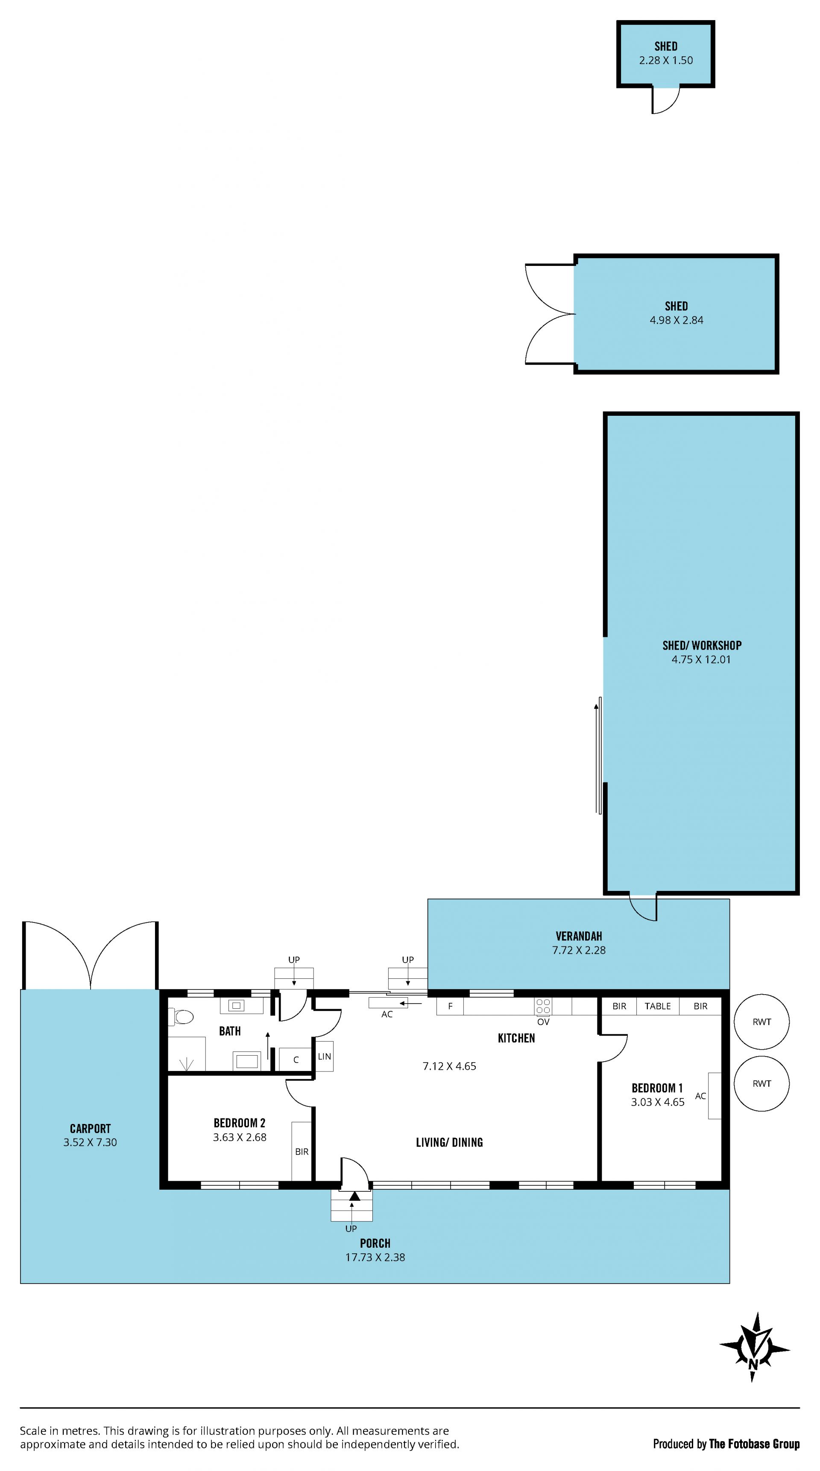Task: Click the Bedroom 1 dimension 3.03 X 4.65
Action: tap(657, 1102)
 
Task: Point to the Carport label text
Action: tap(90, 1128)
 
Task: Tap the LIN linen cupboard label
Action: tap(325, 1057)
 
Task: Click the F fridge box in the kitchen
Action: tap(450, 1006)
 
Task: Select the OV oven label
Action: tap(543, 1022)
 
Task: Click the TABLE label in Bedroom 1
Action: tap(658, 1006)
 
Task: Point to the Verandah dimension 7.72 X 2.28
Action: tap(579, 950)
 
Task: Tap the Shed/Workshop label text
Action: tap(702, 645)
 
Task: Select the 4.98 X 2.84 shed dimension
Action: tap(676, 320)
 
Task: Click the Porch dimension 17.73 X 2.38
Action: tap(375, 1258)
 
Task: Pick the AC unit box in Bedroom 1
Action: tap(714, 1096)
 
